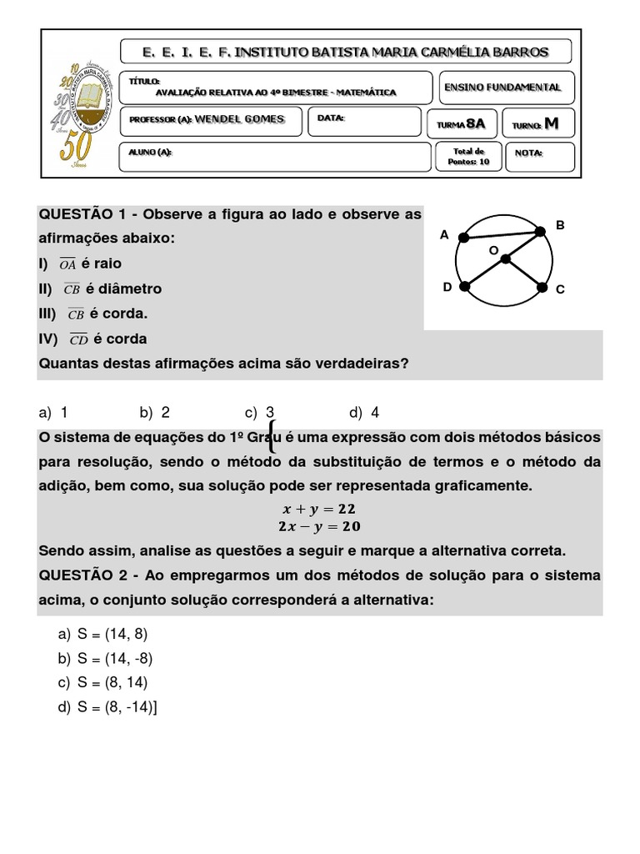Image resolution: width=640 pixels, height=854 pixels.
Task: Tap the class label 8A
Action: [475, 123]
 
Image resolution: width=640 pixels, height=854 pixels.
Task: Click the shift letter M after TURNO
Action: [551, 123]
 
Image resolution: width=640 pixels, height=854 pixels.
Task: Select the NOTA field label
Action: [529, 153]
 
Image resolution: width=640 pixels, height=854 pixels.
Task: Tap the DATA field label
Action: [331, 118]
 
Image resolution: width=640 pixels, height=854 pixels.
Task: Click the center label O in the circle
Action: [492, 249]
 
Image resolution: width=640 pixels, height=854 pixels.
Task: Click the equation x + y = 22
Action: [321, 508]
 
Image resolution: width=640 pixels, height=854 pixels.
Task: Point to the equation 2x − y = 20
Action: [320, 526]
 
